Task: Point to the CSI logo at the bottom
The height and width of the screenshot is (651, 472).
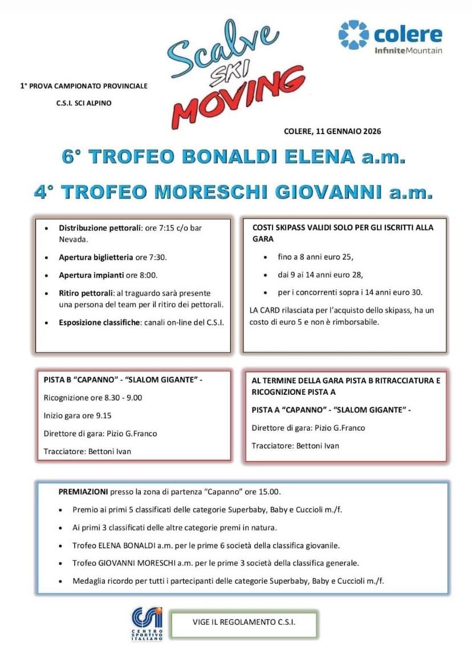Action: coord(147,623)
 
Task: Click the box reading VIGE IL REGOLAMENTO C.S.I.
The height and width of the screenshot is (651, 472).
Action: coord(244,622)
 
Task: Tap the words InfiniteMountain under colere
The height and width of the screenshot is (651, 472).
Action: coord(408,51)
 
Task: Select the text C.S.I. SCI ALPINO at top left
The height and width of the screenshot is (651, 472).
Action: coord(83,103)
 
